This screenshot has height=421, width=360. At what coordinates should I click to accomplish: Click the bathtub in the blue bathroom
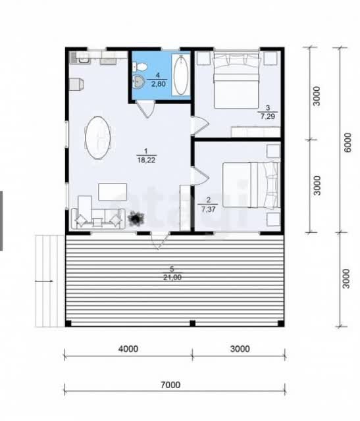(x=180, y=75)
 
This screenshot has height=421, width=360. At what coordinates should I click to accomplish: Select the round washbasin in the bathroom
(x=139, y=81)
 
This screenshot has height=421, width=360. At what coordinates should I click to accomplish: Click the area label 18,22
(x=147, y=161)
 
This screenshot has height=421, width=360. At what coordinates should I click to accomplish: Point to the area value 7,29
(x=267, y=116)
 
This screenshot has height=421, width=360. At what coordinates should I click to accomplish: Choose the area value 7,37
(x=208, y=209)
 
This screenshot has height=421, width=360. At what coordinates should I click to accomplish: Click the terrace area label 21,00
(x=172, y=278)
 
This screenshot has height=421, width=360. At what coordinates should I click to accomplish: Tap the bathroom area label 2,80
(x=158, y=84)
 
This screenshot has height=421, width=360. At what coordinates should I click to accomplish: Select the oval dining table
(x=98, y=137)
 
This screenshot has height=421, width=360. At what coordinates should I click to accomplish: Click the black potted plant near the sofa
(x=136, y=218)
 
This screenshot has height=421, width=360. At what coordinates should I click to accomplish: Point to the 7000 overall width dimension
(x=170, y=385)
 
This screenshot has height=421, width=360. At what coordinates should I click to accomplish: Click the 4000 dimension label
(x=128, y=349)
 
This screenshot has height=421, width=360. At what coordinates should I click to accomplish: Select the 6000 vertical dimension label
(x=347, y=142)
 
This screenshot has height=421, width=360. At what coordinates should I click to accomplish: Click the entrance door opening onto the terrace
(x=160, y=241)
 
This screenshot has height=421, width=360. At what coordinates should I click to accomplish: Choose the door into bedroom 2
(x=199, y=176)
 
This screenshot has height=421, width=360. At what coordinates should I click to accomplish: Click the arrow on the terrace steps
(x=44, y=281)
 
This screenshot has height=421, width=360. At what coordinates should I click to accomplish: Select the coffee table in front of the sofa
(x=113, y=192)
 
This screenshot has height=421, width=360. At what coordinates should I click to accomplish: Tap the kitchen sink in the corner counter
(x=84, y=58)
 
